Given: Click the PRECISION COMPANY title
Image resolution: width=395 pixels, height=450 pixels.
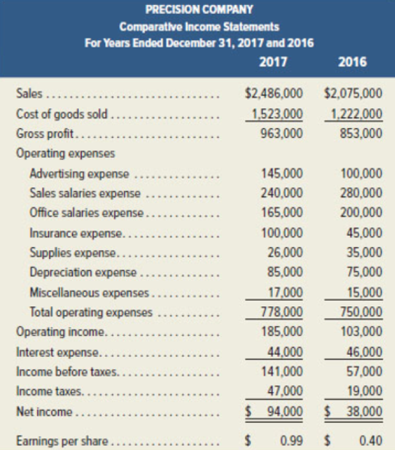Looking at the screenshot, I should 197,11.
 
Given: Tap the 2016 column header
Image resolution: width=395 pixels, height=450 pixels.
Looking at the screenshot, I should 353,62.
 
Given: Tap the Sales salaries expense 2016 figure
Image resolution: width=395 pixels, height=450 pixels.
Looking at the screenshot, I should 361,193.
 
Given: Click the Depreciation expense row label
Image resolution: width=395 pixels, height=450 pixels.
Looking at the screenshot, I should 83,272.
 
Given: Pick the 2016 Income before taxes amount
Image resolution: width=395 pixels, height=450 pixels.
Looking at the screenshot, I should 364,371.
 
